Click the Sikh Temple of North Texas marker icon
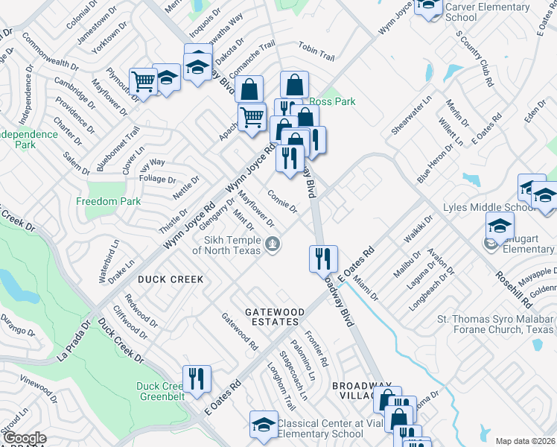[273, 243]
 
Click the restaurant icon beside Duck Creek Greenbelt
[197, 378]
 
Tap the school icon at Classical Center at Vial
[264, 424]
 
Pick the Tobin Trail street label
[316, 51]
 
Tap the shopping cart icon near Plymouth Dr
[143, 81]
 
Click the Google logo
[25, 438]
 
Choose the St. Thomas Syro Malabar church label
[495, 324]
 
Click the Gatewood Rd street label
[239, 332]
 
